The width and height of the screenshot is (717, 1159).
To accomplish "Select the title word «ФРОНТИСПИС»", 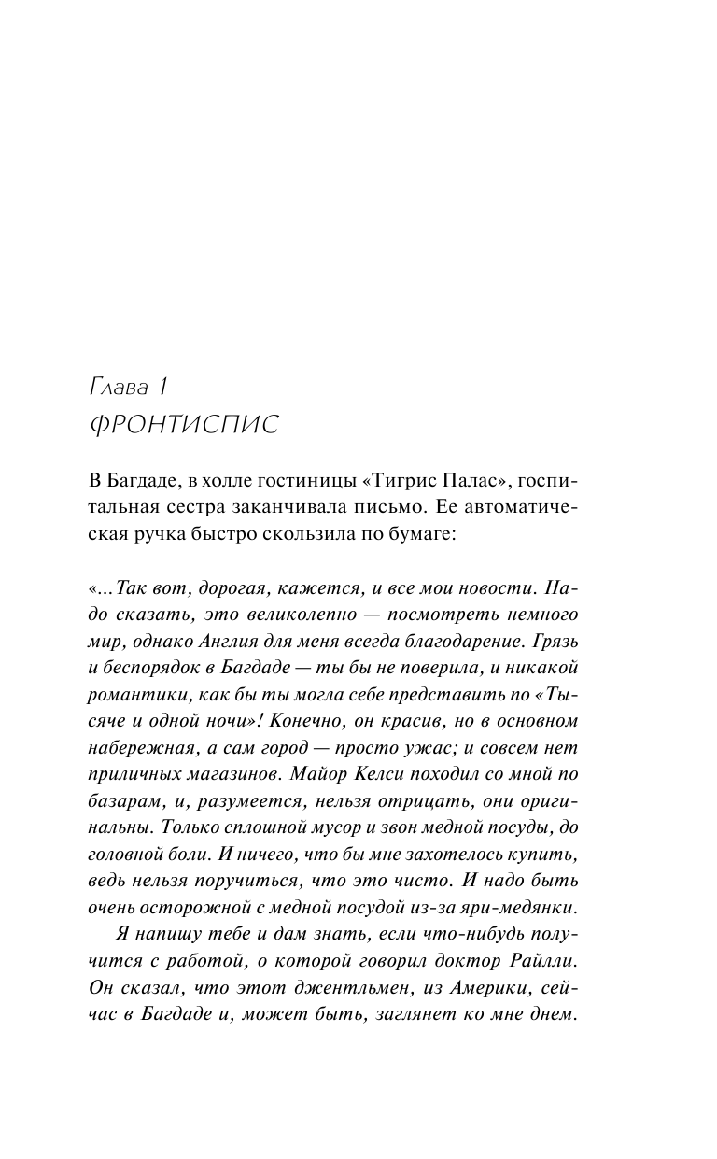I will point(184,425).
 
